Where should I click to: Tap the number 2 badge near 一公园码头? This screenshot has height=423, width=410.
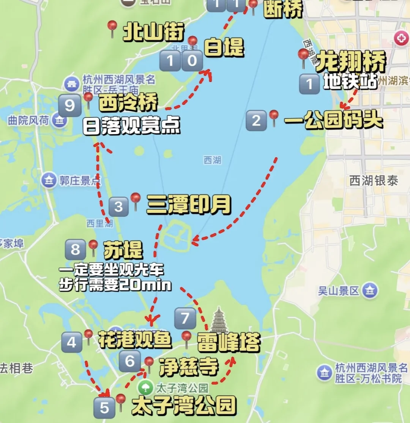[x=256, y=121]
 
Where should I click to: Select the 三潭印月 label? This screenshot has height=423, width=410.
[x=189, y=205]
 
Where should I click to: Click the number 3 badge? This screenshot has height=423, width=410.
[x=118, y=207]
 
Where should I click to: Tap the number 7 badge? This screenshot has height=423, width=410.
[x=185, y=318]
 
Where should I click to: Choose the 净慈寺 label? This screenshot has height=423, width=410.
[x=189, y=367]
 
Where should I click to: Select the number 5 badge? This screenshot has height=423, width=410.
[x=104, y=408]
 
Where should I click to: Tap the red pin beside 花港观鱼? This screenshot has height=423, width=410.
[x=88, y=336]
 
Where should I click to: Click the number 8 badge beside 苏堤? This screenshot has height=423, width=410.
[x=76, y=249]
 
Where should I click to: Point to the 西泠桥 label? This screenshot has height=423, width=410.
[x=128, y=104]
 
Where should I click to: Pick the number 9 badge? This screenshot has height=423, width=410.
[x=70, y=105]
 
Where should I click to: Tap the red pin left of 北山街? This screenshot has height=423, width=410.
[x=112, y=27]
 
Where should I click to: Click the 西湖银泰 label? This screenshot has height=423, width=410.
[x=374, y=181]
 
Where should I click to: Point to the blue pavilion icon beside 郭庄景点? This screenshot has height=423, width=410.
[x=49, y=180]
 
